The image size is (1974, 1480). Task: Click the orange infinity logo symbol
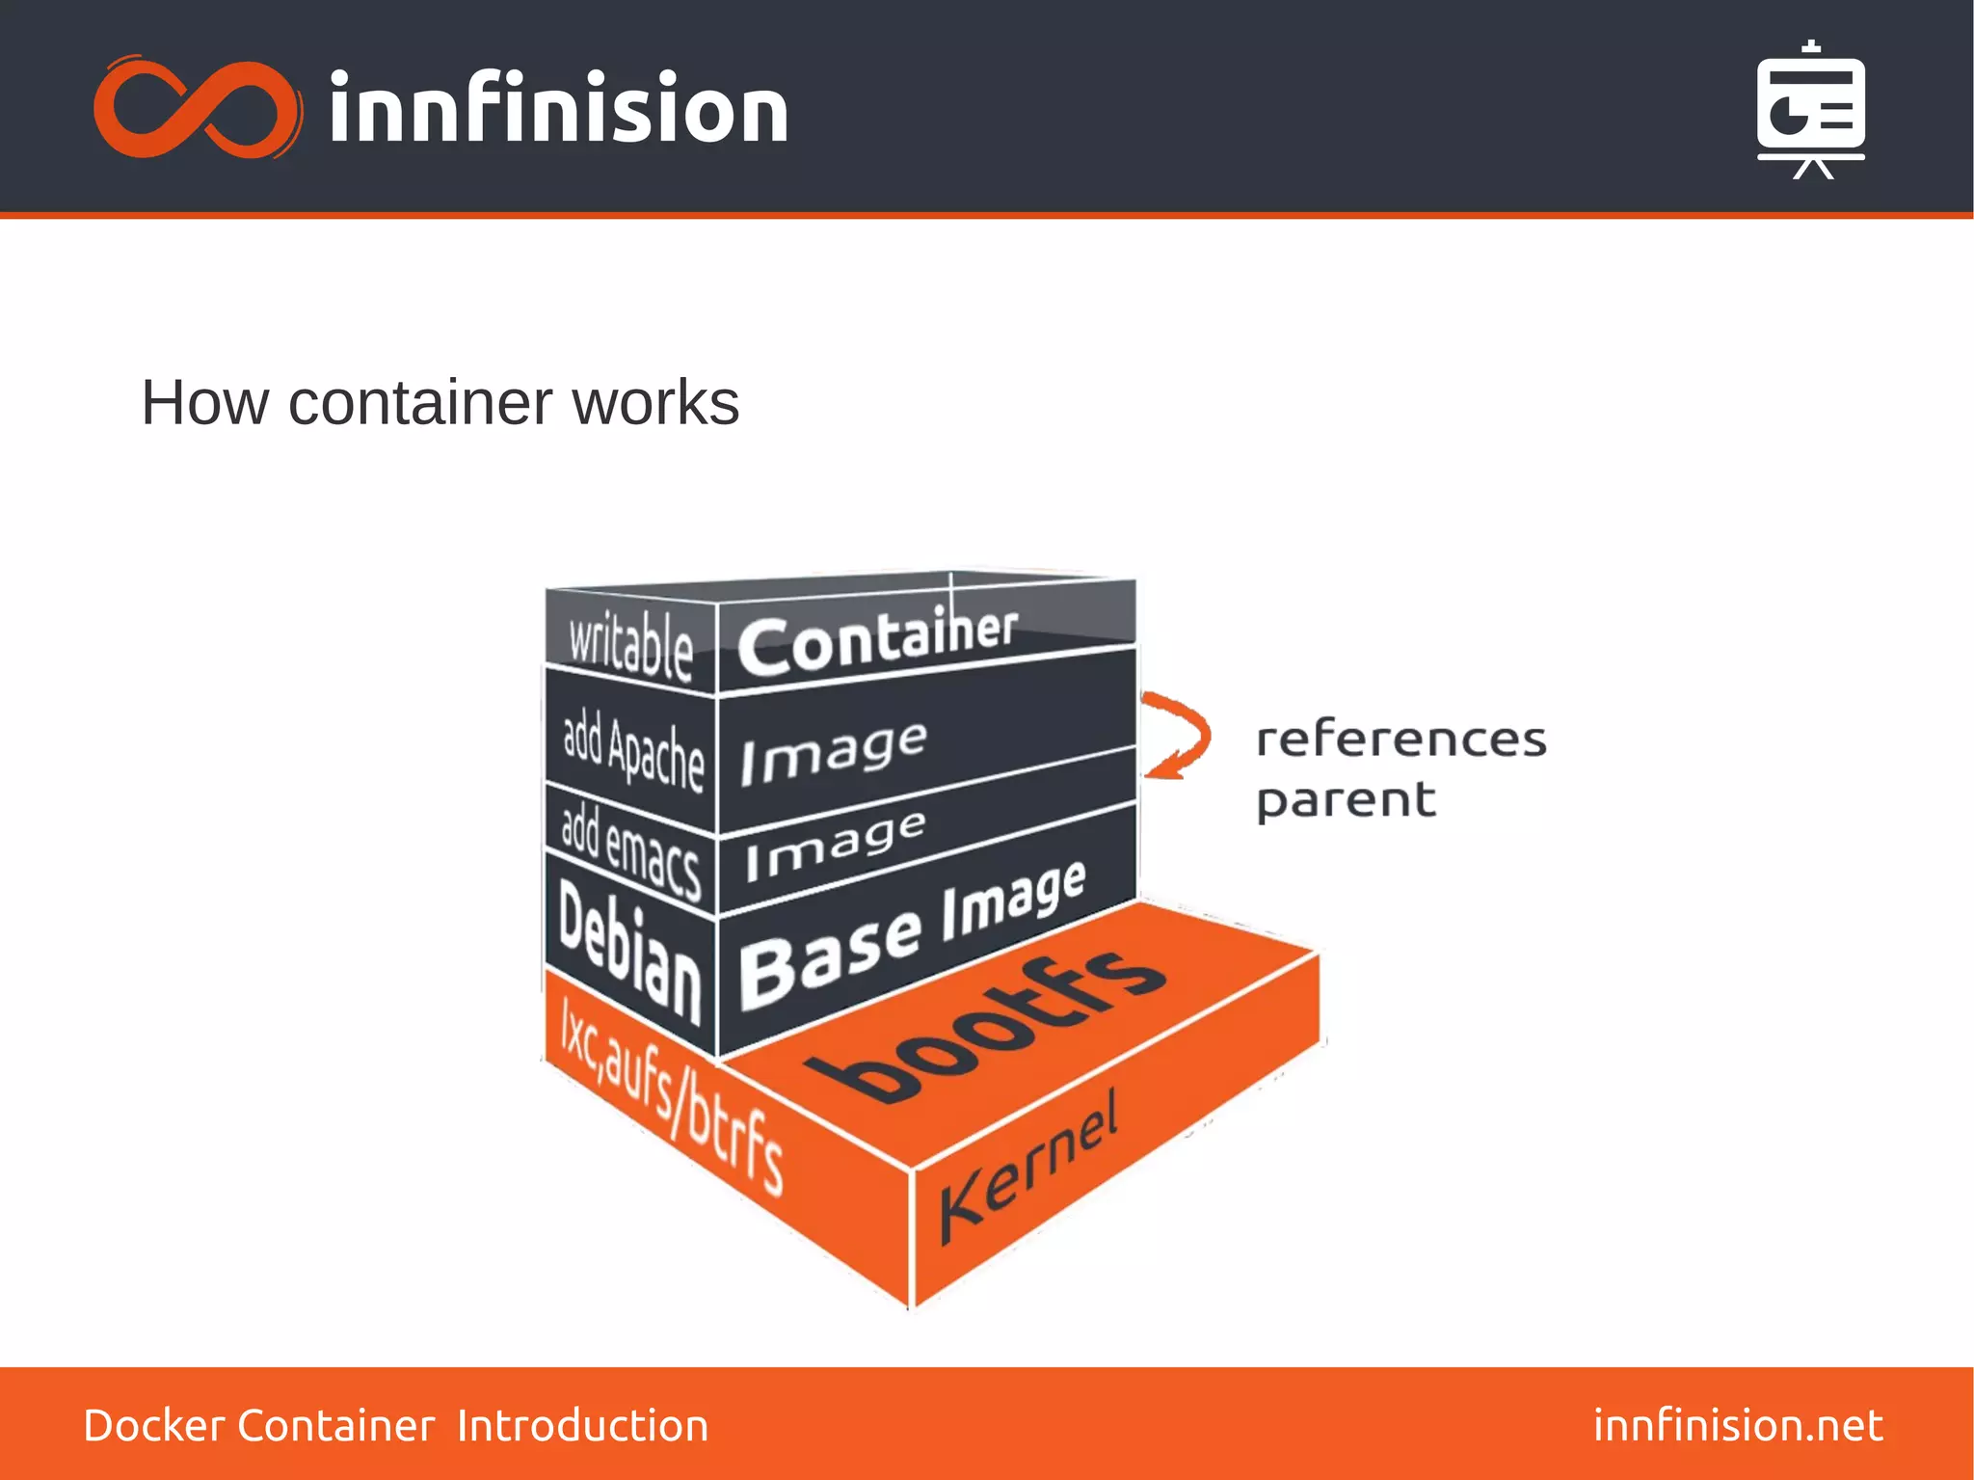pos(197,108)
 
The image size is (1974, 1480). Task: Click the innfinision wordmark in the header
pos(558,108)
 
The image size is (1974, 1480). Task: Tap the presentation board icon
pos(1810,110)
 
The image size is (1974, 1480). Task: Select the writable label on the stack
pos(630,644)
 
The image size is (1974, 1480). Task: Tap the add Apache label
pos(633,750)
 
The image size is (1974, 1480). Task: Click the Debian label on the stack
pos(628,951)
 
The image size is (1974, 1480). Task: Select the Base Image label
pos(912,934)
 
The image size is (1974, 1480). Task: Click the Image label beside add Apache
pos(834,753)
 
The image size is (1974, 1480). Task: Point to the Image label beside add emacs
pos(835,844)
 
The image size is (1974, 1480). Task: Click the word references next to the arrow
pos(1400,740)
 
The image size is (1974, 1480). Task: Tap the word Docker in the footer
pos(154,1425)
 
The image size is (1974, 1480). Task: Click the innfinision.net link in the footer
pos(1737,1425)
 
